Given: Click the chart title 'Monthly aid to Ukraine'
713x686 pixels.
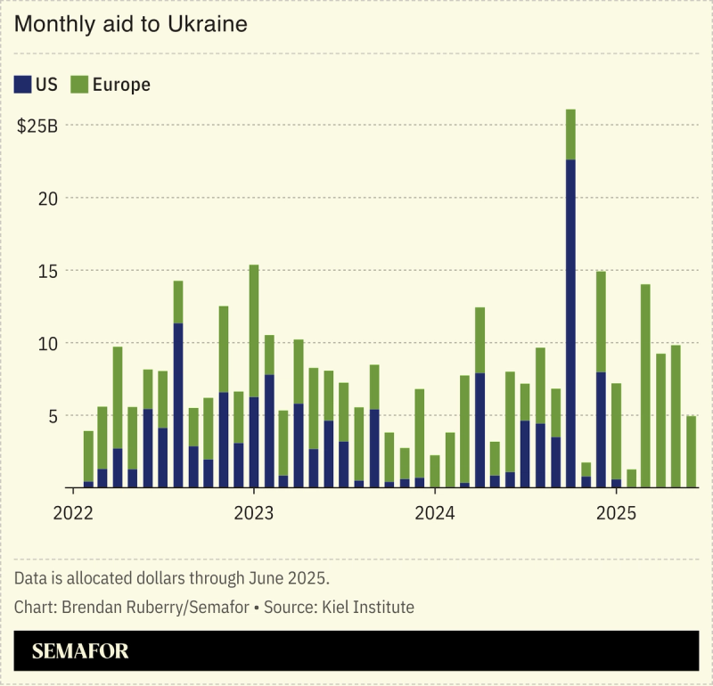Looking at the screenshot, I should point(130,25).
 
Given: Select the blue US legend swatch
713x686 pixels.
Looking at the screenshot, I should point(22,85).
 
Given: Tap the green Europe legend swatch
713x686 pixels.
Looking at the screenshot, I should point(79,85).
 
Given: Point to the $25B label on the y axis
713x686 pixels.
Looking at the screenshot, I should point(37,126).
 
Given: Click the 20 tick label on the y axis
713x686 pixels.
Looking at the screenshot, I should point(48,198).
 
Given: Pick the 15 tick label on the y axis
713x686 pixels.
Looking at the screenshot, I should point(48,271).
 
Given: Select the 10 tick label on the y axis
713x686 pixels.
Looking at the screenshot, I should point(48,343).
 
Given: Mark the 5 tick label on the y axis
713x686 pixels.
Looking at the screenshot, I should point(53,416).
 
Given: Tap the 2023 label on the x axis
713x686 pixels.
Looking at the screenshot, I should point(254,513).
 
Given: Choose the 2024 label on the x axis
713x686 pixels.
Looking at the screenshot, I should point(435,513).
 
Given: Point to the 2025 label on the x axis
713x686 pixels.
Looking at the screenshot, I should point(616,513).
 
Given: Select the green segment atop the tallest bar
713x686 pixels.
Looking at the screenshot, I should point(570,135).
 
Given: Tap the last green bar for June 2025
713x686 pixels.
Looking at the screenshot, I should point(691,452).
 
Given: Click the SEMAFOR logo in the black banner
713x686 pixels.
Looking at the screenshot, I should point(80,651).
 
